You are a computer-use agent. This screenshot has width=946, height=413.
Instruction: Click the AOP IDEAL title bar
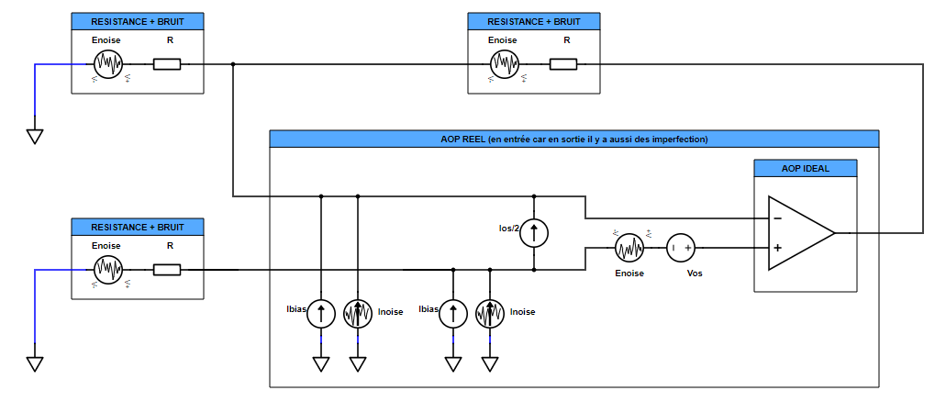805,168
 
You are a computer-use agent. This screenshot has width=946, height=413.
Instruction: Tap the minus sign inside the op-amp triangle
778,218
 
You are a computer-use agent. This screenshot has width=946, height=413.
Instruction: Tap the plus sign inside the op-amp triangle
778,248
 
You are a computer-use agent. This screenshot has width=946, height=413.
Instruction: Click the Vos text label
696,273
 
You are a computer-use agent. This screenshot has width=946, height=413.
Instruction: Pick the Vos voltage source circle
681,248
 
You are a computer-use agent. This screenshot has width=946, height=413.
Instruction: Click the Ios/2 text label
506,228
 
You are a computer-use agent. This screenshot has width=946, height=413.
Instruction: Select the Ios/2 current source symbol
534,233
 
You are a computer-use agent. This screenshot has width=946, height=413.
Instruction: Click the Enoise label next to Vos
629,273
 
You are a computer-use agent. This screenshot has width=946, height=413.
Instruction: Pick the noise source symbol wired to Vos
629,248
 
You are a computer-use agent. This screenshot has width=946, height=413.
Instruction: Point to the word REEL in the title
473,140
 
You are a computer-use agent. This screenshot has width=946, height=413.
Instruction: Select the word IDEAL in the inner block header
817,168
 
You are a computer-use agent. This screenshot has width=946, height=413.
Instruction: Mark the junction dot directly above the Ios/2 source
534,195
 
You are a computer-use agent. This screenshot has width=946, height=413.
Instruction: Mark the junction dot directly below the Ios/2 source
534,270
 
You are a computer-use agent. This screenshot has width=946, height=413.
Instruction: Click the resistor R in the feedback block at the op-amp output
563,64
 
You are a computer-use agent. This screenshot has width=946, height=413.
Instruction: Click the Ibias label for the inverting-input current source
295,308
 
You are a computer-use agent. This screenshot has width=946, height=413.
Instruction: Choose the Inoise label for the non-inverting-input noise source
522,312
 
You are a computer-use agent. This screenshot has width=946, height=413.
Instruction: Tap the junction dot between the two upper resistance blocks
234,64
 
